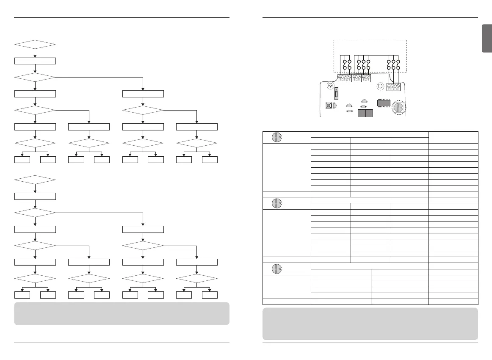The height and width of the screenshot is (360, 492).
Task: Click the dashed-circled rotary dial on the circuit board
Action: pos(398,108)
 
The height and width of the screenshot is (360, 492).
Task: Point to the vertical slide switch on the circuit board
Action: pos(337,93)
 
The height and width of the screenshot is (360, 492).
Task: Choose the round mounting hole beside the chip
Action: pos(380,86)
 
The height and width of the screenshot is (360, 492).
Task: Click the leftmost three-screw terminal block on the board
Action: pos(344,78)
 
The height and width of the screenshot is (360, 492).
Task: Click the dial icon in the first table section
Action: pos(276,137)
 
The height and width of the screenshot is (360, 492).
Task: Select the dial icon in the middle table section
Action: pos(276,203)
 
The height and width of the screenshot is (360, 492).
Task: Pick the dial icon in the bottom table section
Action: pos(276,269)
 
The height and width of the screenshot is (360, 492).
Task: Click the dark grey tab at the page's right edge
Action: pos(486,39)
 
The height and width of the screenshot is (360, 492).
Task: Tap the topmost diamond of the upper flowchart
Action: pos(35,44)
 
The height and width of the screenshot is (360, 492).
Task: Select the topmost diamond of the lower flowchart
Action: pos(35,180)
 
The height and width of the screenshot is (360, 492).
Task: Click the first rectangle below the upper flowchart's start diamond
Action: pos(35,61)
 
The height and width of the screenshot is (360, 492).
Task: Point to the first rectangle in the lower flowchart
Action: pos(35,196)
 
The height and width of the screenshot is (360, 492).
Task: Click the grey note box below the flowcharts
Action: pos(122,313)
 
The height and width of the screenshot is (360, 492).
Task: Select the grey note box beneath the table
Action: pos(370,324)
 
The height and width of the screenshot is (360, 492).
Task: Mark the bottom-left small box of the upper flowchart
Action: pos(22,160)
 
